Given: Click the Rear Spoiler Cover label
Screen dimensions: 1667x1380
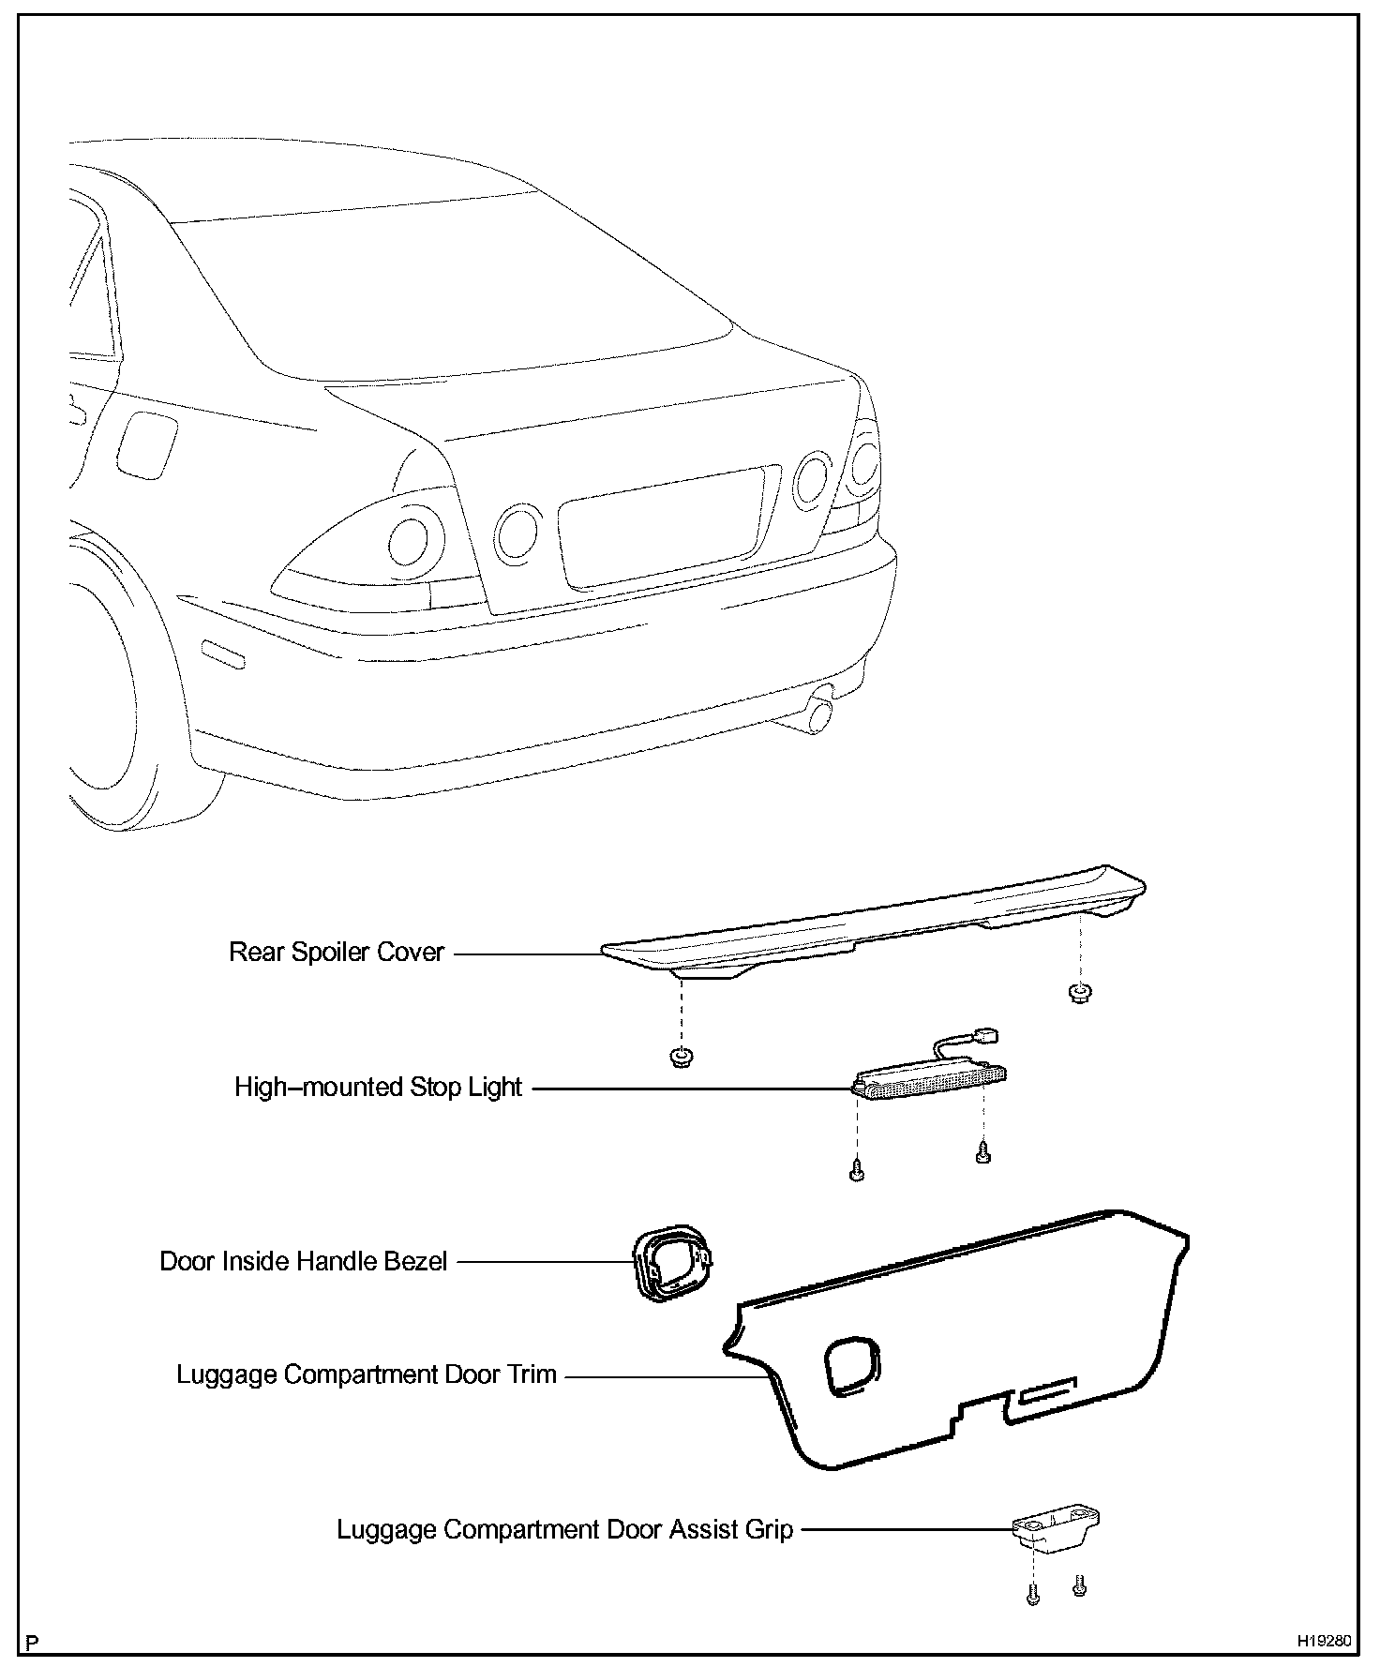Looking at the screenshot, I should (x=337, y=953).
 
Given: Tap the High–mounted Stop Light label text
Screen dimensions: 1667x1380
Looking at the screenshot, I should (x=378, y=1088).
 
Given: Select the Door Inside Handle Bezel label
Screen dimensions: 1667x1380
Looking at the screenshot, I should (x=303, y=1261).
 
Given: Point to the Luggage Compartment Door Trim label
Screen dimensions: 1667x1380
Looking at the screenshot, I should (x=367, y=1374).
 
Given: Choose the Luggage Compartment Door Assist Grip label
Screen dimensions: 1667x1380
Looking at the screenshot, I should (x=564, y=1530).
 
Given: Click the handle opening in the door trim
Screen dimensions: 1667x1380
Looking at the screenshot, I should (x=853, y=1363).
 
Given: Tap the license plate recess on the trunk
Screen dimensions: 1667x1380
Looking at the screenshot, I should (x=667, y=530).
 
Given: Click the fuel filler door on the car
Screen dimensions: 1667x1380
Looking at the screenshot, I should (x=146, y=444).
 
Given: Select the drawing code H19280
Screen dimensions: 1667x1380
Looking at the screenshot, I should (x=1324, y=1641).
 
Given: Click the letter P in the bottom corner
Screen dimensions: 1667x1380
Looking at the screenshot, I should (x=34, y=1643).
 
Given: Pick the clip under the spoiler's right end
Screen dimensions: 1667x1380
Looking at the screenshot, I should (x=1079, y=993).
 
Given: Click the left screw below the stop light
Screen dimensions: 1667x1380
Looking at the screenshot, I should (x=855, y=1171).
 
